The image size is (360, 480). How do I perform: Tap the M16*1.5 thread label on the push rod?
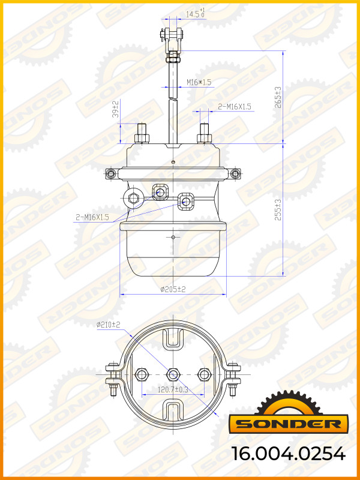point(199,82)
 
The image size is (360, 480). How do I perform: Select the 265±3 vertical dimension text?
point(278,96)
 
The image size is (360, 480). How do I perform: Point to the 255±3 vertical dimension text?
point(278,210)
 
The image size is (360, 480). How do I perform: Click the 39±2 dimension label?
point(115,109)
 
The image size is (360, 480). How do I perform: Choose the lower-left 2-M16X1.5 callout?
point(92,217)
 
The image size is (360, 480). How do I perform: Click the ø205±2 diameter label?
point(173,289)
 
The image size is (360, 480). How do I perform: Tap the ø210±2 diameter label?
point(109,325)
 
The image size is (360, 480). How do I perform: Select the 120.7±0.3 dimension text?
point(173,389)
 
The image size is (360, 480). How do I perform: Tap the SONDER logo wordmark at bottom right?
point(287,424)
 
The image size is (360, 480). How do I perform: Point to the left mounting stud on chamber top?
point(142,133)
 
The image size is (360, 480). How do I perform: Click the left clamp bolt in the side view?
point(110,174)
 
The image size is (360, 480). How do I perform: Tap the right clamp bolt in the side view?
point(235,174)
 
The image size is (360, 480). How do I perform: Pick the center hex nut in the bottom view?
point(173,374)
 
